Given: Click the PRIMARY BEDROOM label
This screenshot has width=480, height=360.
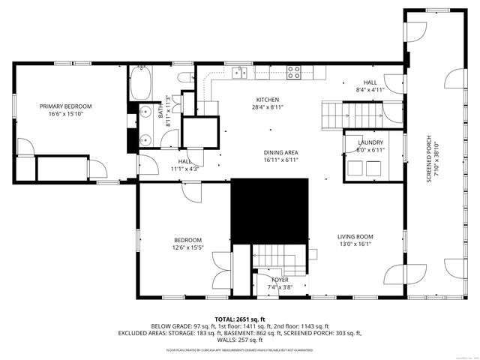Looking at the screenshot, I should (65, 106).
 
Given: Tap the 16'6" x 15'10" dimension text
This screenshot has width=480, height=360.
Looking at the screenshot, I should (65, 115).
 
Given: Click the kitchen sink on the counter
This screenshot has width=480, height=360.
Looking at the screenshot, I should (240, 72).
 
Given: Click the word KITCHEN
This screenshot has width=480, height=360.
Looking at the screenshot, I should (268, 100).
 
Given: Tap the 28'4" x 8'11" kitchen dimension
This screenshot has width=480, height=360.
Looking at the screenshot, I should (268, 107).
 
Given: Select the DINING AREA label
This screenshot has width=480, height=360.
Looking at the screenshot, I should (280, 153).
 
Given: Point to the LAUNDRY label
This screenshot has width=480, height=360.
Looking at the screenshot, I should (370, 142).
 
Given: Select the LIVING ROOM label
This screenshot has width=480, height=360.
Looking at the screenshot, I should (355, 236).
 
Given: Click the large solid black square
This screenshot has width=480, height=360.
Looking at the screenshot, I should (269, 210).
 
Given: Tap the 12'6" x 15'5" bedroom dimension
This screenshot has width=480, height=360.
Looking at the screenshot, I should (187, 247).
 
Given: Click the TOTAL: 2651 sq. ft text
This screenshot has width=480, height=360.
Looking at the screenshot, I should (240, 319).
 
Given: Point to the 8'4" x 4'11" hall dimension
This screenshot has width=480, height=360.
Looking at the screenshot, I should (370, 90).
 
